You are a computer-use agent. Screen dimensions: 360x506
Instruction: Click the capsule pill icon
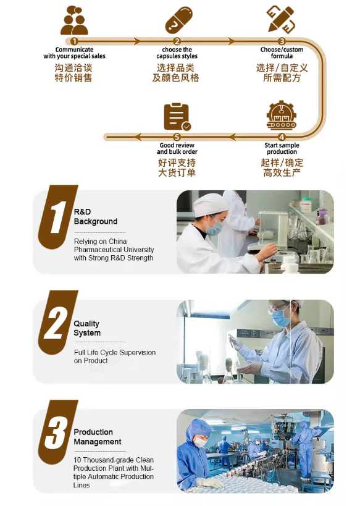coord(178,20)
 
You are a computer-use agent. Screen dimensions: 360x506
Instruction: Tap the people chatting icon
coord(74,20)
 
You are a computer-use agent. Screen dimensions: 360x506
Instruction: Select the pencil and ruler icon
coord(281,19)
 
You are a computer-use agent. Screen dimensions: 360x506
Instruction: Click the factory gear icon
coord(282,116)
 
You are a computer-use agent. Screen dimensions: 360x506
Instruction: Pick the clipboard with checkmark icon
coord(177,117)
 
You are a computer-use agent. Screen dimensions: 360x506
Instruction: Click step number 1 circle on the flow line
coord(74,41)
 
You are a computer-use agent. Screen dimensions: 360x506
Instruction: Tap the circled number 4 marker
coord(282,137)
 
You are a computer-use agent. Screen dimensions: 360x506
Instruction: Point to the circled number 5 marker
coord(177,137)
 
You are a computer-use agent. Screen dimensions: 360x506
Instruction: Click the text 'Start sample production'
coord(282,148)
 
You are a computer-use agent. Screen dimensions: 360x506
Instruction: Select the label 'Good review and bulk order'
coord(177,148)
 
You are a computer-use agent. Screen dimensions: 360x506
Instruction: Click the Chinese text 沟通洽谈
coord(73,68)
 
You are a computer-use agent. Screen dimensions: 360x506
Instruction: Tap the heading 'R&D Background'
coord(96,216)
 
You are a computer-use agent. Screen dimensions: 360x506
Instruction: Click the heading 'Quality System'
coord(87,328)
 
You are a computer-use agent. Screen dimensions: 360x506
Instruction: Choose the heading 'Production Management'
coord(98,437)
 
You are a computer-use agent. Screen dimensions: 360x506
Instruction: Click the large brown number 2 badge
coord(57,323)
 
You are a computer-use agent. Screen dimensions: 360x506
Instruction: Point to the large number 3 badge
coord(57,432)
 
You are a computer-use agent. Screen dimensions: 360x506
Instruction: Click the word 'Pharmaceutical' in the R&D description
coord(96,250)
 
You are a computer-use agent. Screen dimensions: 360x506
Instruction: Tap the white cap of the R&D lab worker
coord(206,205)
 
